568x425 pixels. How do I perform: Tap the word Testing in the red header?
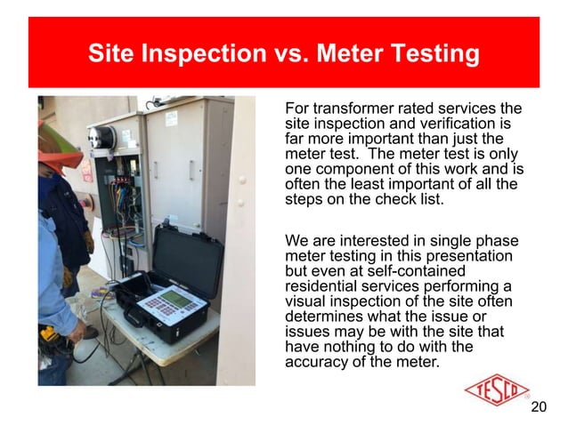[x=435, y=55]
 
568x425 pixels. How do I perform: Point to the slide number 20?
[x=538, y=408]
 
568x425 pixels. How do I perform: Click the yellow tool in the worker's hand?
[x=49, y=336]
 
